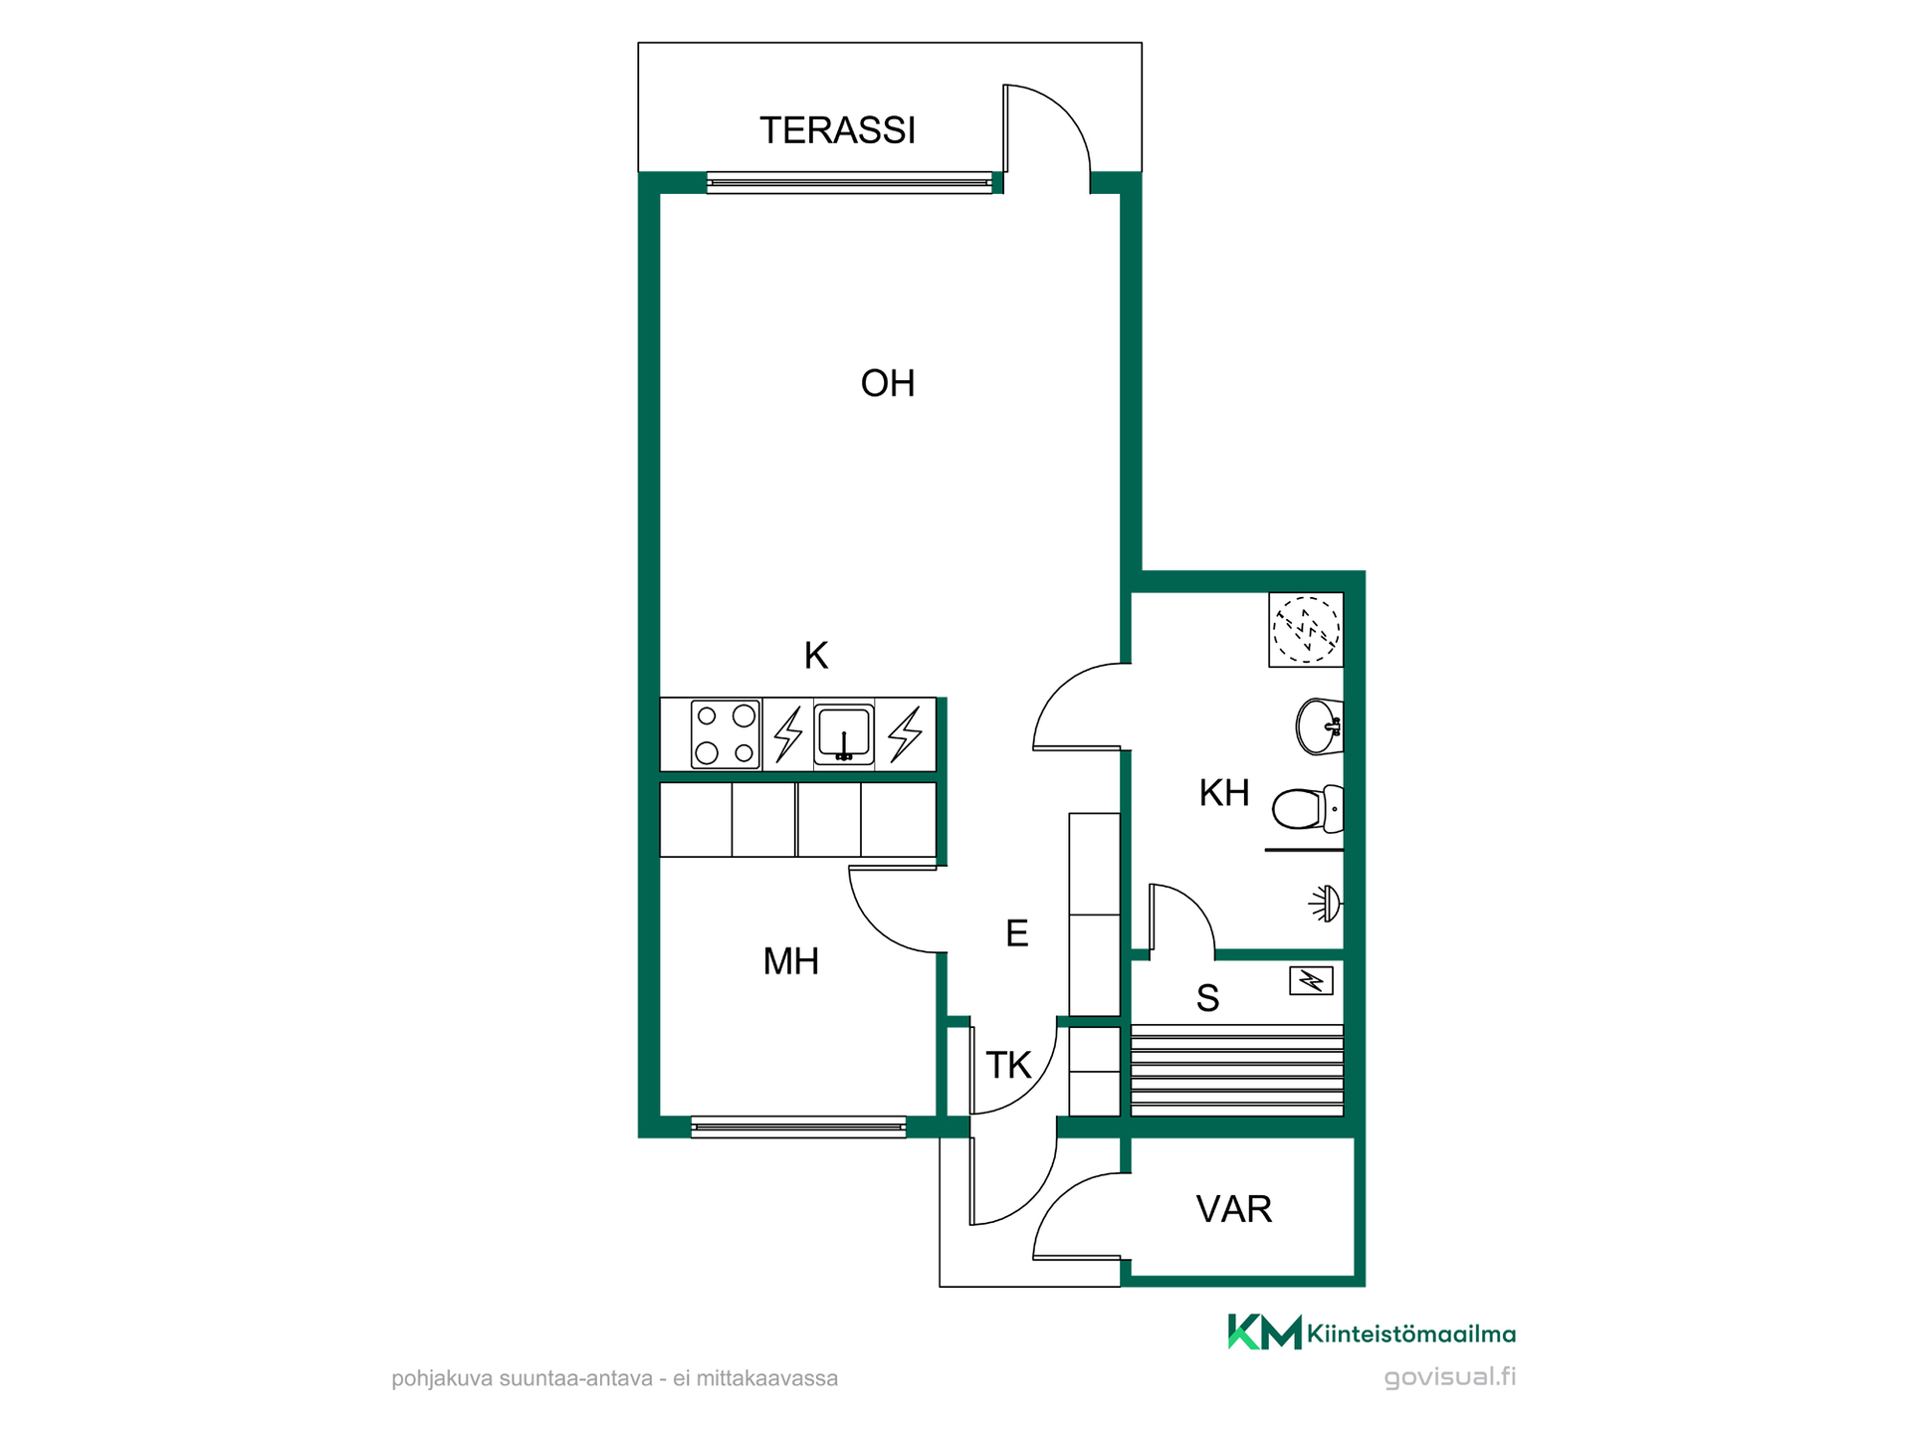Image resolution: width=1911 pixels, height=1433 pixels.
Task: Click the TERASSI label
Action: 837,130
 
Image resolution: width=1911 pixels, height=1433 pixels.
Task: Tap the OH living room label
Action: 887,383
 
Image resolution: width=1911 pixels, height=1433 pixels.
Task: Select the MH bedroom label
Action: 790,961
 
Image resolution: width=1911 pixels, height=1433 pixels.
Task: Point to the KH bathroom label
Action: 1223,793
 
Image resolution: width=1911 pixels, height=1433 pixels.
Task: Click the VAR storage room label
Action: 1233,1209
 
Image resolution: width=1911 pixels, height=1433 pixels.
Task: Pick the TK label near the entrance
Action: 1007,1066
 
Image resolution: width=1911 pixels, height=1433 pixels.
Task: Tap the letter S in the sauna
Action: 1207,998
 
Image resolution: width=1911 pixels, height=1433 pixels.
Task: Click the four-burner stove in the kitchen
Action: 726,734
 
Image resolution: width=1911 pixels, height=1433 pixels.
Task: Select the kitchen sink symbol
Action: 844,734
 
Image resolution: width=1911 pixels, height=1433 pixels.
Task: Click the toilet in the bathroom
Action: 1308,809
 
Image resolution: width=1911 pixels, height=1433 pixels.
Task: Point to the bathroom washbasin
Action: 1320,726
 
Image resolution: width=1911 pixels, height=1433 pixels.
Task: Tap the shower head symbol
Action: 1326,904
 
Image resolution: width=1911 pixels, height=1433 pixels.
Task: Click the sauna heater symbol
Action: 1311,981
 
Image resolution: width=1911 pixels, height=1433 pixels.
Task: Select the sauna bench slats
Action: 1237,1070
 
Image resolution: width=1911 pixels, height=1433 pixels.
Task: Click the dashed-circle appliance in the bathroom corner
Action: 1306,629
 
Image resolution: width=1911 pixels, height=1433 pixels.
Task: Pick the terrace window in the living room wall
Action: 849,182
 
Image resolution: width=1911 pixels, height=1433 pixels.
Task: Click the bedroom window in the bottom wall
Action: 798,1127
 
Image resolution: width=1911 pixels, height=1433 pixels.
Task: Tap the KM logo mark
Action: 1264,1331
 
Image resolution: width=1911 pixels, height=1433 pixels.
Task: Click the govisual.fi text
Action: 1450,1377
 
